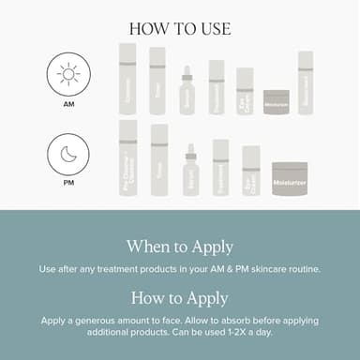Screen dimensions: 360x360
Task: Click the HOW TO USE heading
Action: (179, 28)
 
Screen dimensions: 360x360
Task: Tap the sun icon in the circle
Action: (68, 72)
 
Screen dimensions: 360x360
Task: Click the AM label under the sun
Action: (68, 106)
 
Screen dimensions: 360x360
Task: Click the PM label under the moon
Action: (68, 185)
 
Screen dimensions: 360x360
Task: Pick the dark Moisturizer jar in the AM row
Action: (276, 101)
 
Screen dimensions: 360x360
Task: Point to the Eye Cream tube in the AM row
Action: (245, 91)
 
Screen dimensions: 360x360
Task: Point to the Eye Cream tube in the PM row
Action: (250, 171)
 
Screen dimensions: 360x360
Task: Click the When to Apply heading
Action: (179, 247)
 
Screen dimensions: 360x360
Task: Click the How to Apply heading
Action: (179, 298)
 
